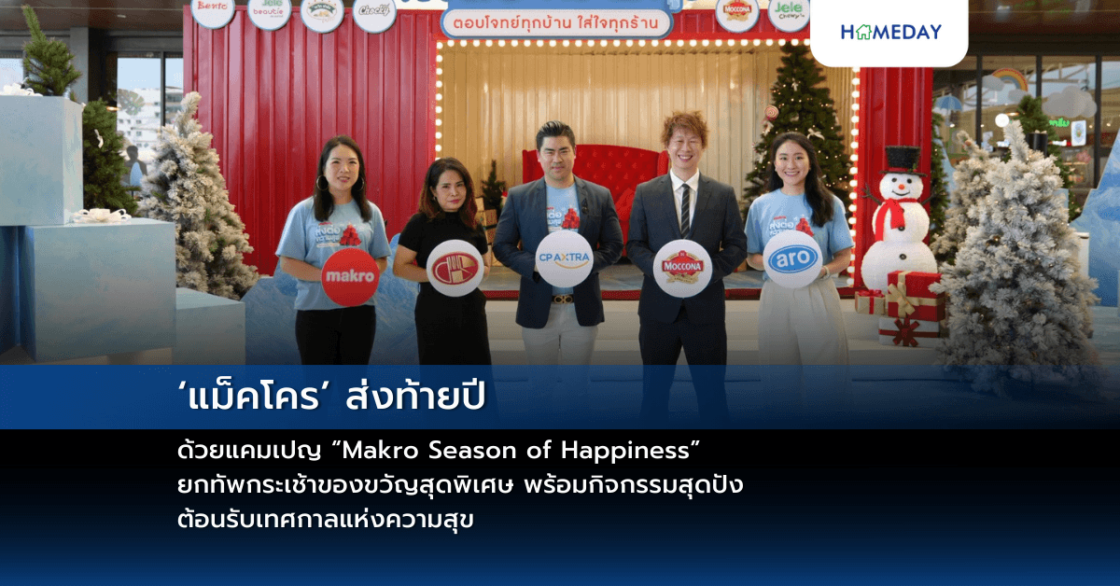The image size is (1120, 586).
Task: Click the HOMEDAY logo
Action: (x=890, y=32)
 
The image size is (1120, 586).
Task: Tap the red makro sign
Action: (x=350, y=277)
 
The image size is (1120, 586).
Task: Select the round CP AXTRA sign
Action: (x=564, y=258)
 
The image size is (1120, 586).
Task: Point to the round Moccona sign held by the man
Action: (x=682, y=268)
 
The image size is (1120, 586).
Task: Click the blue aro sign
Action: (x=792, y=258)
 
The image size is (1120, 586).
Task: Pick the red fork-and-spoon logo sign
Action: (x=455, y=269)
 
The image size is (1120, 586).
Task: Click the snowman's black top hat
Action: (x=903, y=160)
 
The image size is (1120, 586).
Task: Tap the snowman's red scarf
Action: (x=891, y=213)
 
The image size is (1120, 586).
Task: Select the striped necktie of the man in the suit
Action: (x=686, y=209)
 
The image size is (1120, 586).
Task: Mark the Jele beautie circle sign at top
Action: (x=269, y=12)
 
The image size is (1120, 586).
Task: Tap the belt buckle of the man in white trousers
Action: (x=562, y=299)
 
